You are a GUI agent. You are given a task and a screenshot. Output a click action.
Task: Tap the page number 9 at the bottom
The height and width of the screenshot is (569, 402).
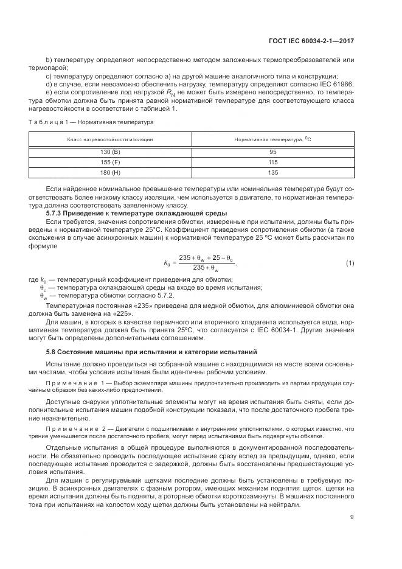click(352, 517)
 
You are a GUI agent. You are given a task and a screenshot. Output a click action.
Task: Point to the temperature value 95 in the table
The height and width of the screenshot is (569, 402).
click(272, 152)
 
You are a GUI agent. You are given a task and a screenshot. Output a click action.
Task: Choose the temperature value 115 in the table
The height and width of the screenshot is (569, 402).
click(272, 162)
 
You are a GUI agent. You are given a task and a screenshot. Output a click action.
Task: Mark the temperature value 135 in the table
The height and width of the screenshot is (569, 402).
click(272, 173)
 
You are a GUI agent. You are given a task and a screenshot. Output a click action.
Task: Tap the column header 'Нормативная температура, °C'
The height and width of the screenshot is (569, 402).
click(272, 139)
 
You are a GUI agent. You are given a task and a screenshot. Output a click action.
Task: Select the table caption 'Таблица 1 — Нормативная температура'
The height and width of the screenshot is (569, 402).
click(91, 122)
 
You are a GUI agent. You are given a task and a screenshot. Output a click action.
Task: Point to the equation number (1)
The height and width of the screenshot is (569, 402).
click(350, 246)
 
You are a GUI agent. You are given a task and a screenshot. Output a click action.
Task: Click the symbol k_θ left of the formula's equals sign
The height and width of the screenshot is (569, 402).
click(167, 246)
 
